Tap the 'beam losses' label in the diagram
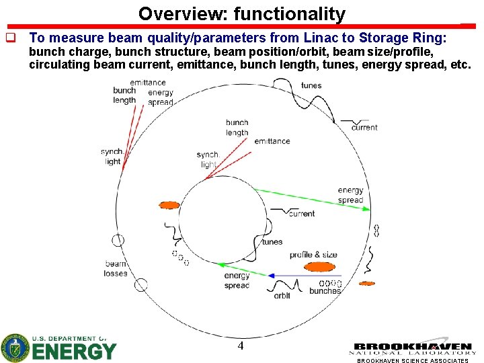(116, 268)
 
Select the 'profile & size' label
(313, 255)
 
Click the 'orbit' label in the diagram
(282, 296)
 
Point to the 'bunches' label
(325, 291)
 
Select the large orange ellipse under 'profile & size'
(319, 267)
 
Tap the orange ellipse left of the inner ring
(169, 205)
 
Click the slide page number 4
(240, 346)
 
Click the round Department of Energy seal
(15, 348)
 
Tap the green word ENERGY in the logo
(74, 351)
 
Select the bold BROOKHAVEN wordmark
(413, 347)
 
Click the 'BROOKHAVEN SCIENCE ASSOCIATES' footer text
(413, 360)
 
